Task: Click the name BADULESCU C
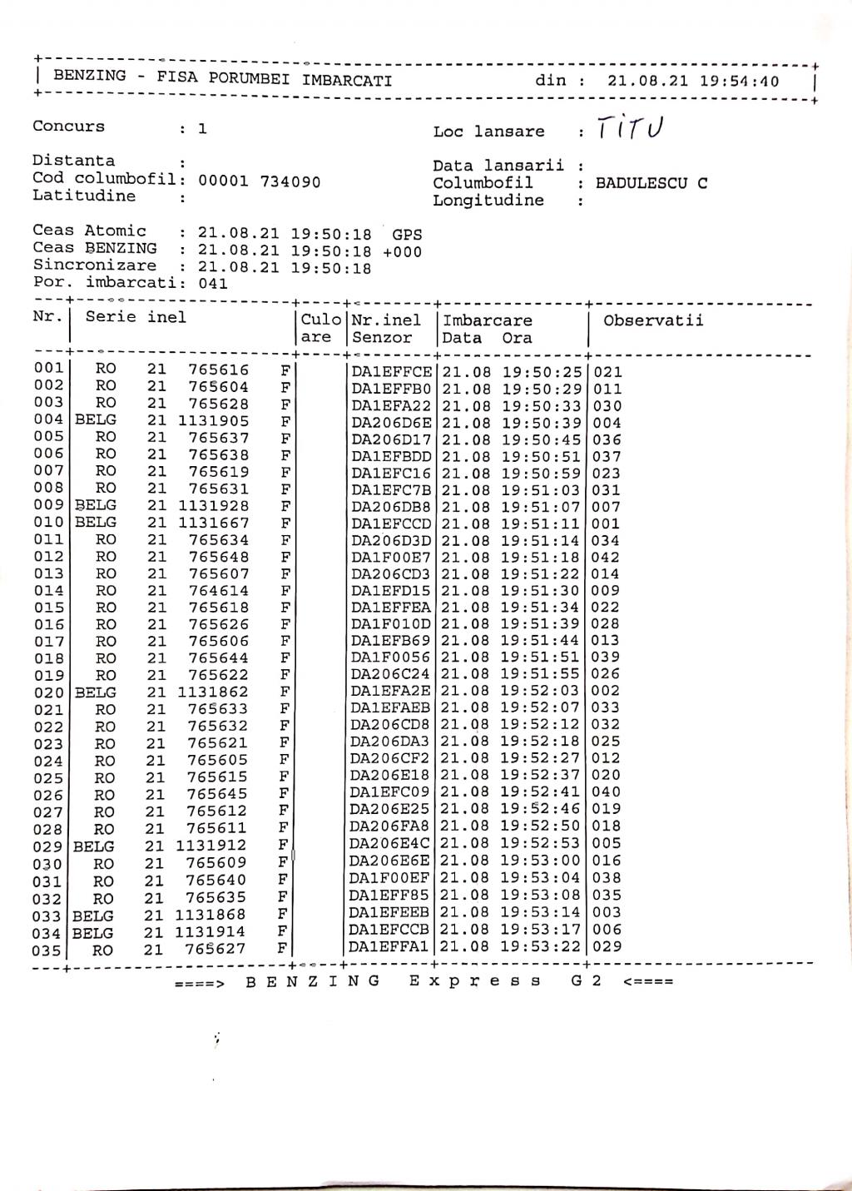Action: coord(651,183)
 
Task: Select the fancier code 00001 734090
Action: coord(259,181)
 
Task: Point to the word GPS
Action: coord(407,235)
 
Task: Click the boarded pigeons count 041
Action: coord(213,283)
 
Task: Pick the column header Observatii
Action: coord(653,320)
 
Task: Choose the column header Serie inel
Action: coord(136,317)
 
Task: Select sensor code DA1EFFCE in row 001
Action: coord(392,372)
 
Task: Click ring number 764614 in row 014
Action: coord(218,591)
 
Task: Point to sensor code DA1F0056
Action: coord(391,658)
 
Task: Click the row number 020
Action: coord(48,692)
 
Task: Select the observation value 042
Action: coord(606,557)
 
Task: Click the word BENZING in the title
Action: coord(90,76)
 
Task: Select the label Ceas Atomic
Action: coord(90,231)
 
